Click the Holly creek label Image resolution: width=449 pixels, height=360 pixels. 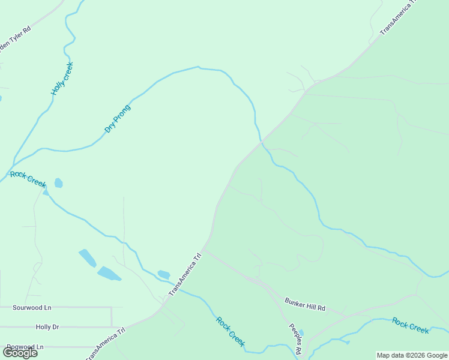click(x=62, y=79)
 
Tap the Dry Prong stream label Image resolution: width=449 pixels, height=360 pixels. click(x=117, y=119)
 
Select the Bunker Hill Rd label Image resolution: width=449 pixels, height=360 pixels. click(x=305, y=304)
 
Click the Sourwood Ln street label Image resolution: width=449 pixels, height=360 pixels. click(x=32, y=307)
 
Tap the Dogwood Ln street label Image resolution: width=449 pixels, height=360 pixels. click(x=25, y=347)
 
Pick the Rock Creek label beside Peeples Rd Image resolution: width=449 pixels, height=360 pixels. click(x=231, y=331)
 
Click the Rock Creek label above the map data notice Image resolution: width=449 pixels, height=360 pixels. click(x=411, y=325)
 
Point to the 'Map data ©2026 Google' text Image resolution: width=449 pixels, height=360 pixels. click(x=412, y=355)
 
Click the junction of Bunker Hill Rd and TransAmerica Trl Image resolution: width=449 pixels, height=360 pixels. click(x=203, y=248)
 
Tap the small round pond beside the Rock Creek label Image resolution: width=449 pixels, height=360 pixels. click(x=58, y=183)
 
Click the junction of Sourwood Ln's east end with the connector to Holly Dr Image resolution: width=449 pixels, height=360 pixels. click(x=112, y=308)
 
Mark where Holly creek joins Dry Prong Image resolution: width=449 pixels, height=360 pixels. click(x=13, y=163)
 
